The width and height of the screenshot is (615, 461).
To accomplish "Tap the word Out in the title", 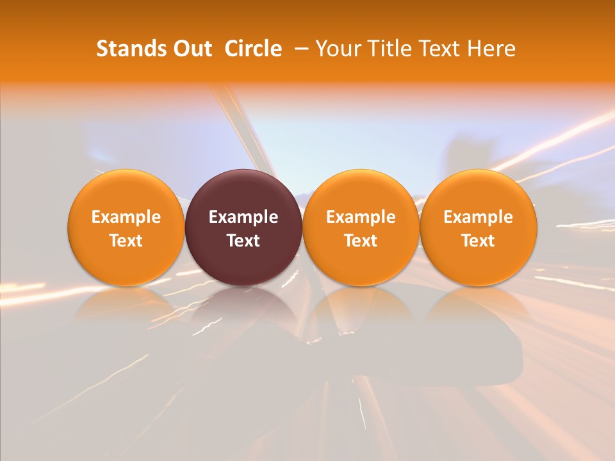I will pyautogui.click(x=191, y=49).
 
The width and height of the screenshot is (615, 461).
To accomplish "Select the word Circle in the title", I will pyautogui.click(x=253, y=49).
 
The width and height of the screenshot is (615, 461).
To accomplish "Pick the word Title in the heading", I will pyautogui.click(x=386, y=49).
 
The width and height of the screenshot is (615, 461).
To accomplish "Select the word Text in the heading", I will pyautogui.click(x=434, y=49).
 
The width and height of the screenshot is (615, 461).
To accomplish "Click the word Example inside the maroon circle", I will pyautogui.click(x=243, y=217).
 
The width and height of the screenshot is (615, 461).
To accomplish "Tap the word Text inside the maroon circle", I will pyautogui.click(x=243, y=241).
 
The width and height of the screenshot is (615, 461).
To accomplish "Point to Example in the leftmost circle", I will pyautogui.click(x=126, y=217).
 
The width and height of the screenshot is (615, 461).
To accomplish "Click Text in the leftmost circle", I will pyautogui.click(x=126, y=241).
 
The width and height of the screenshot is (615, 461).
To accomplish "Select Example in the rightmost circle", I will pyautogui.click(x=478, y=217).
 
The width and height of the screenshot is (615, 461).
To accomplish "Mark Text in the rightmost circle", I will pyautogui.click(x=478, y=241).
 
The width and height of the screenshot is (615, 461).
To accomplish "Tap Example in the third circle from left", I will pyautogui.click(x=361, y=217).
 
